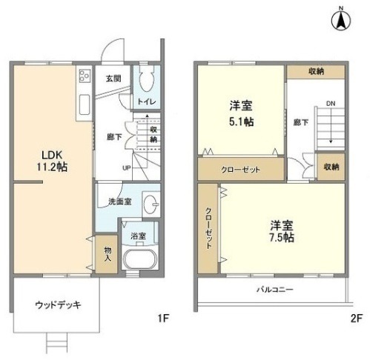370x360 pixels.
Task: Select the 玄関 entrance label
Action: (112, 78)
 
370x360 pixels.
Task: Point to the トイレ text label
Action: (146, 101)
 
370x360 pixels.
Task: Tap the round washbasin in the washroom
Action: (152, 202)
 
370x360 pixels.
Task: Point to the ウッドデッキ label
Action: (56, 304)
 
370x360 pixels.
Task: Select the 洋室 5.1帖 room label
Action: (239, 113)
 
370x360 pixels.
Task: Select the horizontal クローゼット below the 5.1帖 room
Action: (240, 169)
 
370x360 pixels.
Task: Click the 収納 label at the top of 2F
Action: (316, 71)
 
